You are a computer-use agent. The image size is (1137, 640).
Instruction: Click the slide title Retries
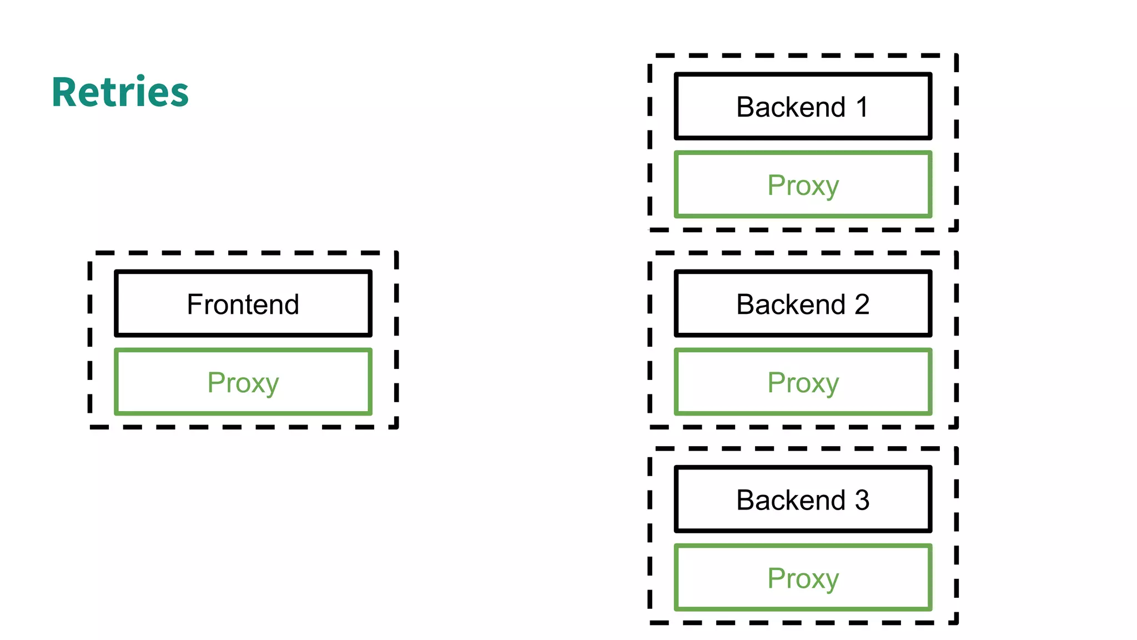pos(120,92)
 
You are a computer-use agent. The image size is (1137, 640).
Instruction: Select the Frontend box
pos(243,304)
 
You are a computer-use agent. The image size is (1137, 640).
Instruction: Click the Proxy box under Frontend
pos(243,382)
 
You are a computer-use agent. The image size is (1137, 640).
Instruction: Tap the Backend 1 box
pos(802,106)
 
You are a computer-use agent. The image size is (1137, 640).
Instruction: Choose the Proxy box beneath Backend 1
pos(802,185)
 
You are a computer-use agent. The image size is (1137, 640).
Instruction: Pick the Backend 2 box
pos(802,304)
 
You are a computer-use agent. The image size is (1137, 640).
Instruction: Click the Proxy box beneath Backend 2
pos(802,382)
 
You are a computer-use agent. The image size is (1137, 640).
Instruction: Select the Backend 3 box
pos(802,499)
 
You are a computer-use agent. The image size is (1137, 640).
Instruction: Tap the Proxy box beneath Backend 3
pos(802,578)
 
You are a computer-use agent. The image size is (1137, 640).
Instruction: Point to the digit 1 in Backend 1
pos(862,107)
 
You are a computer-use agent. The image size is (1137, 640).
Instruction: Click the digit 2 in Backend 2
pos(862,304)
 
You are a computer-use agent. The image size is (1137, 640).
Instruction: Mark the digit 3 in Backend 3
pos(862,500)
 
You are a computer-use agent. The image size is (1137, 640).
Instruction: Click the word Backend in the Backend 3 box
pos(791,500)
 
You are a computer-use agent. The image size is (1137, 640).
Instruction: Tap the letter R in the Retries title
pos(64,92)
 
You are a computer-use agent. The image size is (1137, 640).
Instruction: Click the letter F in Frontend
pos(194,304)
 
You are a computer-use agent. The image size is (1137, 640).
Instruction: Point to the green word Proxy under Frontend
pos(243,383)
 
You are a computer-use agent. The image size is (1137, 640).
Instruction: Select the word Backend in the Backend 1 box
pos(791,107)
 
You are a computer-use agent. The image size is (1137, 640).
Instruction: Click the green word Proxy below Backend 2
pos(802,383)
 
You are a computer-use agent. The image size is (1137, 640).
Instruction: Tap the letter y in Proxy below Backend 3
pos(831,581)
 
